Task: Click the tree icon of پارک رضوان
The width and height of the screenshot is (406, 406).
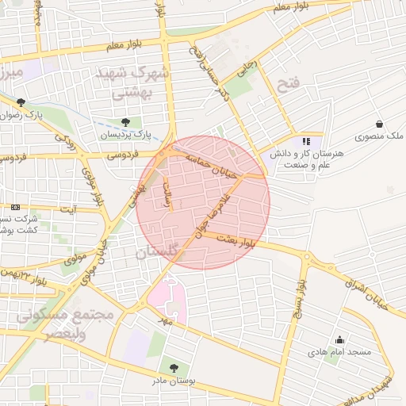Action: point(21,102)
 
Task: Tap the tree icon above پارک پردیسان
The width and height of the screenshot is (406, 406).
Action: point(126,121)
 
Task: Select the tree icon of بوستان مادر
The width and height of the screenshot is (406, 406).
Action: point(174,367)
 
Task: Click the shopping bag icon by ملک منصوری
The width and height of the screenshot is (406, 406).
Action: point(380,124)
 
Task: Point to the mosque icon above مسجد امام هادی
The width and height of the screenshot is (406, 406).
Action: point(340,339)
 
